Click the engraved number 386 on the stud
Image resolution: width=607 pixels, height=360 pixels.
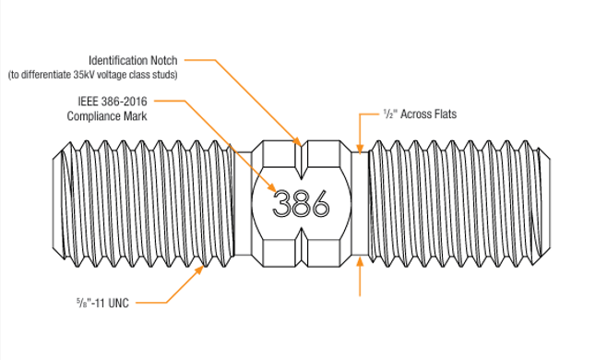pyautogui.click(x=301, y=203)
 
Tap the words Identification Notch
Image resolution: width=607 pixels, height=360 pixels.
pyautogui.click(x=133, y=60)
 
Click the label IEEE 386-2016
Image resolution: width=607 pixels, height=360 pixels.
pyautogui.click(x=113, y=102)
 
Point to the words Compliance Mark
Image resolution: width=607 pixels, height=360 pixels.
pyautogui.click(x=107, y=116)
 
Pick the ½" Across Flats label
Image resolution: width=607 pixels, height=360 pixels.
pyautogui.click(x=420, y=114)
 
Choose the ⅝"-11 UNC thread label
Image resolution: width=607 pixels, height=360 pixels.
pyautogui.click(x=102, y=303)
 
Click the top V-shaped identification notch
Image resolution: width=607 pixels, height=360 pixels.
pyautogui.click(x=301, y=160)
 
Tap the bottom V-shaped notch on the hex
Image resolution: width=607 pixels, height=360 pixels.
pyautogui.click(x=301, y=247)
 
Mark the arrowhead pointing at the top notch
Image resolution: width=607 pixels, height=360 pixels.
pyautogui.click(x=297, y=141)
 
